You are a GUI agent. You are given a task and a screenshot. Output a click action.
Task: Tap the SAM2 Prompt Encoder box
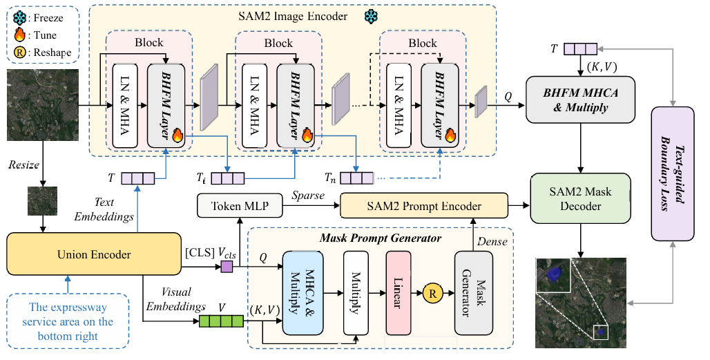click(x=424, y=205)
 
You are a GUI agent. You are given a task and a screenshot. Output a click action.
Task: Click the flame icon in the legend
click(x=19, y=35)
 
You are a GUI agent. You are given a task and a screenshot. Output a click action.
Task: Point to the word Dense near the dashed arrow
click(x=493, y=241)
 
